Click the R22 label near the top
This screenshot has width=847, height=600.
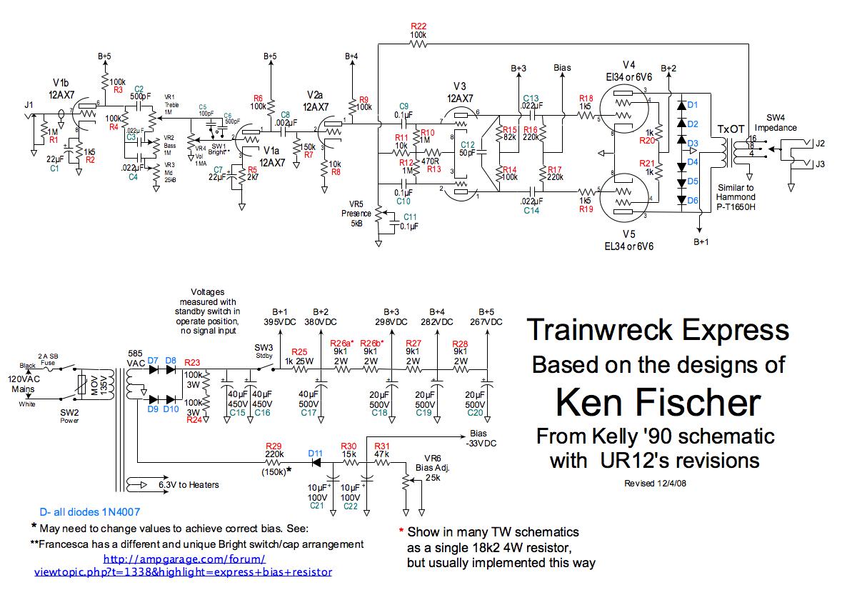(419, 26)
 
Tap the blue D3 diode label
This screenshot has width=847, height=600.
(692, 143)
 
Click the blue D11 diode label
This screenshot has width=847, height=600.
(316, 453)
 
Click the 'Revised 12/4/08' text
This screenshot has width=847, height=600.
(654, 483)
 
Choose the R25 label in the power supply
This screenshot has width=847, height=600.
(300, 351)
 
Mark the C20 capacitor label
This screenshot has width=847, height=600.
(475, 412)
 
